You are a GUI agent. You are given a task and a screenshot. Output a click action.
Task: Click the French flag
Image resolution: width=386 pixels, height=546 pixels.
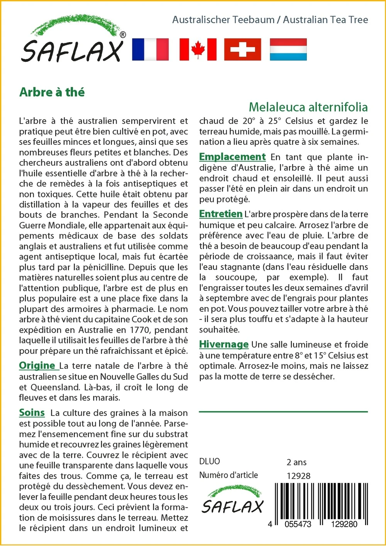coord(150,49)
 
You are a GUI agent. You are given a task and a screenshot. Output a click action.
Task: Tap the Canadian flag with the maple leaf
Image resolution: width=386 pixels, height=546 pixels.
coord(198,49)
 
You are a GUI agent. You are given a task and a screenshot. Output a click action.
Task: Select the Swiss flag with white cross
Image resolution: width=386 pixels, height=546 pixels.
coord(242,49)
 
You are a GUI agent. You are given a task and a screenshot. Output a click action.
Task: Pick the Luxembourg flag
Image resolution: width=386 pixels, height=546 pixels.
coord(288,49)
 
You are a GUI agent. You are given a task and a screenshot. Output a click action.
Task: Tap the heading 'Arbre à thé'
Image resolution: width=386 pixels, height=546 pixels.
coord(52,92)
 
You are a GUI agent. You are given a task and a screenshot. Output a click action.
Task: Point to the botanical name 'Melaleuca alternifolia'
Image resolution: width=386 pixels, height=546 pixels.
coord(308,107)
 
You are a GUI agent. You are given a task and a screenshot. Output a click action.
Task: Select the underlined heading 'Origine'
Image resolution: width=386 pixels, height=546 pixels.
coord(37,365)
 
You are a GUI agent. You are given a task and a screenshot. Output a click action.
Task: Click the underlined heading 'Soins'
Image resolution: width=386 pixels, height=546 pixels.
coord(32,412)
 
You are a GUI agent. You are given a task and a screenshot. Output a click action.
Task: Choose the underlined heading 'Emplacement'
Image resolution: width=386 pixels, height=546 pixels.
coord(232,157)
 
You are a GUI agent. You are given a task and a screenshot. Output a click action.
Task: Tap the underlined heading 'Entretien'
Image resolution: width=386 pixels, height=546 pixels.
coord(221,214)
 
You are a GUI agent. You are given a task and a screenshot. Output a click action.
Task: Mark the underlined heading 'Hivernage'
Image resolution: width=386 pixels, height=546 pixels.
coord(224,344)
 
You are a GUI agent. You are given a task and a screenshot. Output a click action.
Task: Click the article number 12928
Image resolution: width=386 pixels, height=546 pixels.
coord(298,476)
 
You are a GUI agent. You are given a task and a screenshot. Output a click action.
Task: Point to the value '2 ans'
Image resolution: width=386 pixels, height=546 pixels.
coord(296,462)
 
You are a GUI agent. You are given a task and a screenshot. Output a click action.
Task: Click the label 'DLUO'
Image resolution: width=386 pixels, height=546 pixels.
coord(210,461)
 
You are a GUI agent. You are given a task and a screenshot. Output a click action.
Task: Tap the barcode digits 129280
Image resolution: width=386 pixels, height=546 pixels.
coord(342,524)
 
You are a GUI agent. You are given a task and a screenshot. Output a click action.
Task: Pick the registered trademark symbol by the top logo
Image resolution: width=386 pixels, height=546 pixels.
coord(123,35)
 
